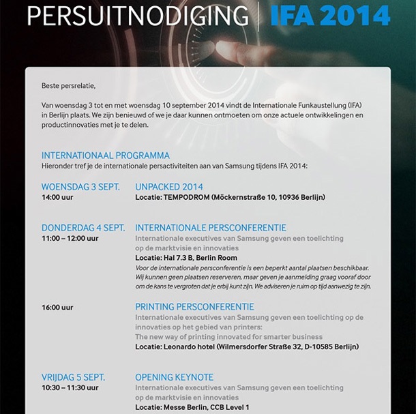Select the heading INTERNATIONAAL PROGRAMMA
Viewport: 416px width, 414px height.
pos(105,156)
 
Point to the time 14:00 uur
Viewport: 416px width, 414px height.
pos(57,198)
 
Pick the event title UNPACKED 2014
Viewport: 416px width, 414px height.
pos(169,187)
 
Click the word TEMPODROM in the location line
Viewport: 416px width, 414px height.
pos(185,198)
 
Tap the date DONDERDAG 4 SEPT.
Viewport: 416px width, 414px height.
pos(83,228)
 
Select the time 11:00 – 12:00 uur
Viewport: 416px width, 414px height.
pos(70,239)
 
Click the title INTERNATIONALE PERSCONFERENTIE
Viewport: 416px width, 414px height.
pos(211,228)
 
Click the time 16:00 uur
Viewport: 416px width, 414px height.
pos(57,308)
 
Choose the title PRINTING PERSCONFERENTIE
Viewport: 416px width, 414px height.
pos(194,307)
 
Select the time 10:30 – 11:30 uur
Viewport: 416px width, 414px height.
pos(70,388)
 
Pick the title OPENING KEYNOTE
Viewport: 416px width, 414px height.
pos(175,377)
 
